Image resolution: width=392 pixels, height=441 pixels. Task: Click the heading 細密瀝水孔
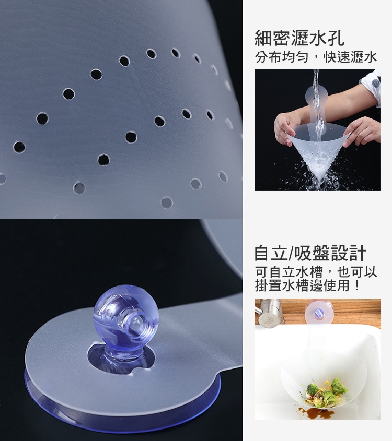(299, 38)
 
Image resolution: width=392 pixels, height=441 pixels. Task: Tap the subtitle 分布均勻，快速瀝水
(316, 57)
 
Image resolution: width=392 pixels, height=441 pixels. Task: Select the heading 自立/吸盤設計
(310, 253)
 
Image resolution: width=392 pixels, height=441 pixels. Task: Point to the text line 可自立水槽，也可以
(316, 272)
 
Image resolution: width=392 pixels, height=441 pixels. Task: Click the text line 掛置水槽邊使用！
(307, 285)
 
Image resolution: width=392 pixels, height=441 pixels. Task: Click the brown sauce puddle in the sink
(315, 412)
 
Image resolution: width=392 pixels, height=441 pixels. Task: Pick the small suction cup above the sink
(318, 313)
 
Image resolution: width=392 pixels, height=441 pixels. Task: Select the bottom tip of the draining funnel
(320, 180)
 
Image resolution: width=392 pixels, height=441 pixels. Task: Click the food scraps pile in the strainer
(326, 392)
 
